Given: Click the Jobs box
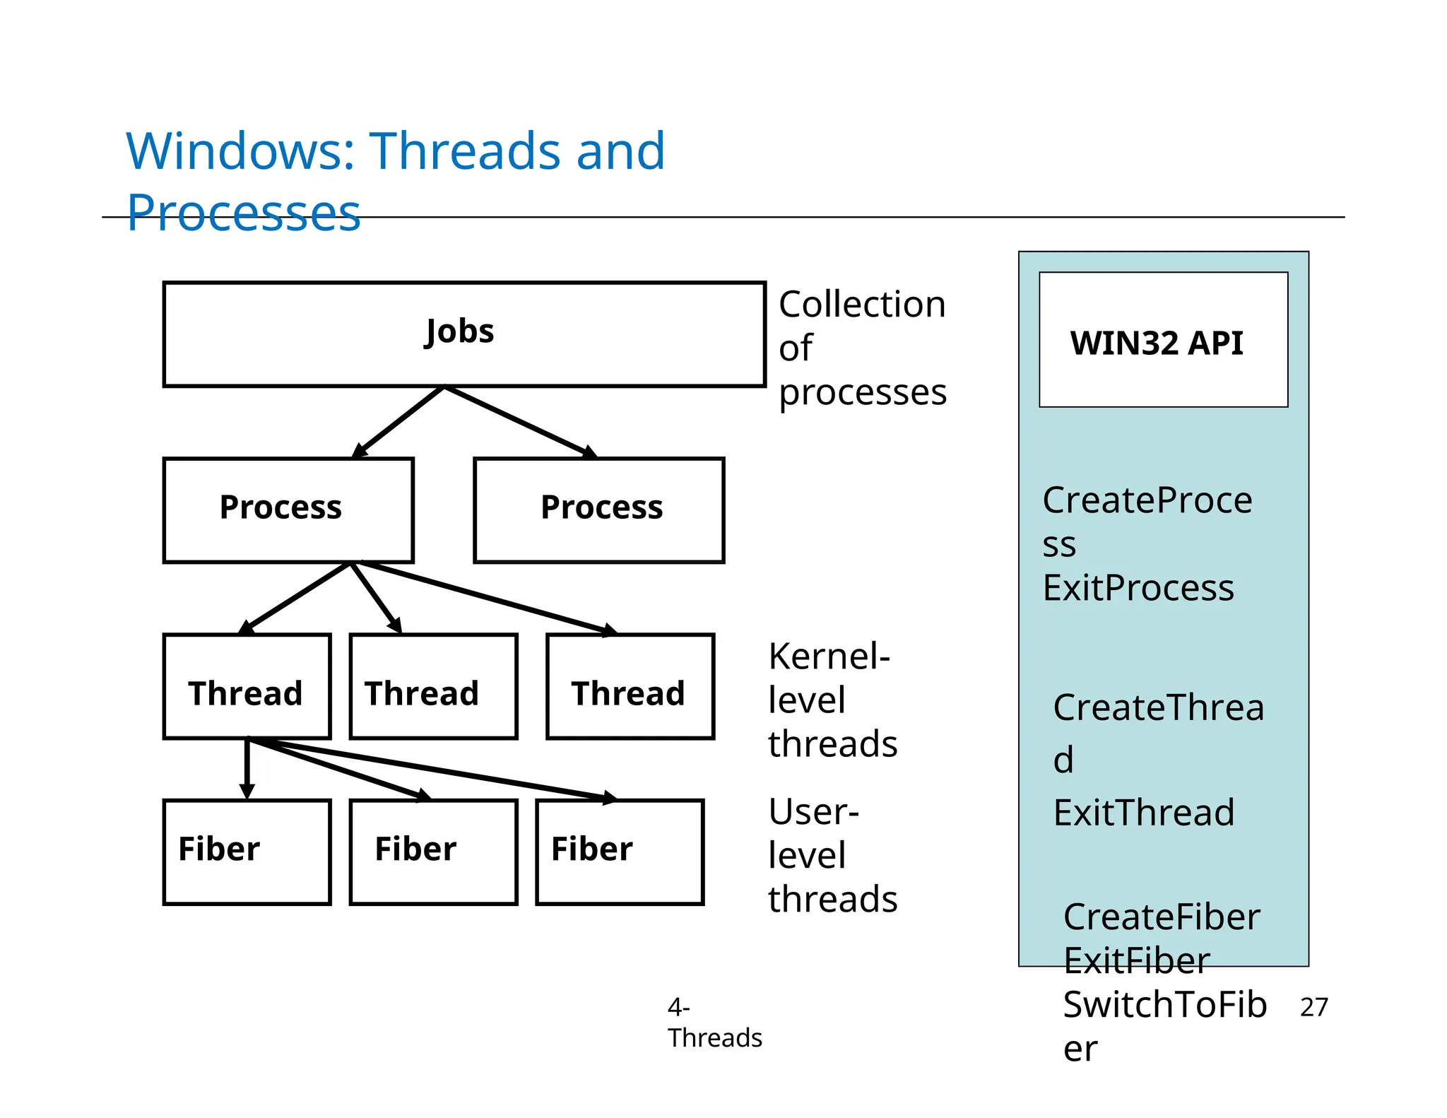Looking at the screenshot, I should point(464,334).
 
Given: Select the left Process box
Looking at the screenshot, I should point(288,510).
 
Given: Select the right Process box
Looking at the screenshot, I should point(599,510).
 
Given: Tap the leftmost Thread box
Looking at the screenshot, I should point(247,686).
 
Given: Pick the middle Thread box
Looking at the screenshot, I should point(433,686).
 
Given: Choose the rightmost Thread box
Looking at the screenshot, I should point(630,686).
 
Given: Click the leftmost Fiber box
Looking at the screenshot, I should point(247,852).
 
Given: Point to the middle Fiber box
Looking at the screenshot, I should point(433,852).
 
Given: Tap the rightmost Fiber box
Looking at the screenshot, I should point(620,852).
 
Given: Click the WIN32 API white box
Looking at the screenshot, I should point(1163,340).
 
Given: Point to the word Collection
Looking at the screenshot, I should point(862,305).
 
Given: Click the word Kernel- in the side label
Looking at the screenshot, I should point(829,657).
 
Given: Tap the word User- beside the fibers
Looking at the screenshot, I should point(813,812).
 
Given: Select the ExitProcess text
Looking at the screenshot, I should point(1138,588).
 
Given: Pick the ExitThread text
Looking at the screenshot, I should point(1144,813).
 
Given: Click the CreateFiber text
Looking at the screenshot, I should point(1162,917).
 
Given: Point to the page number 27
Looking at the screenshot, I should point(1313,1007).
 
